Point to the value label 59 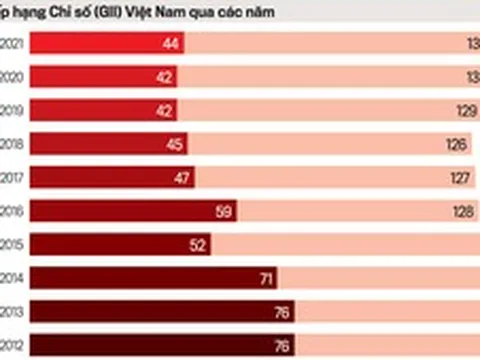point(223,211)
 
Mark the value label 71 point(266,279)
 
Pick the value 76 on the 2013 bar point(281,313)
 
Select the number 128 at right point(460,211)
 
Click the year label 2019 point(12,110)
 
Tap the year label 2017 point(12,178)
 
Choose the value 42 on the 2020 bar point(165,76)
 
